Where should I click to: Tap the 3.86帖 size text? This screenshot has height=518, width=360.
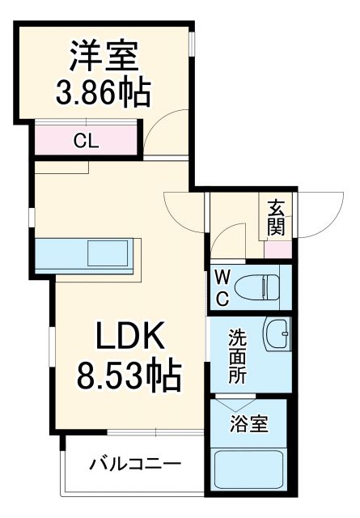click(102, 95)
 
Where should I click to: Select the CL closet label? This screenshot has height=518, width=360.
click(86, 140)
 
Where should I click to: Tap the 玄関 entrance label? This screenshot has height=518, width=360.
click(276, 216)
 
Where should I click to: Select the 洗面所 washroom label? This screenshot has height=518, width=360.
click(236, 355)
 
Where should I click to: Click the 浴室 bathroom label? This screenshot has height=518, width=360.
click(248, 424)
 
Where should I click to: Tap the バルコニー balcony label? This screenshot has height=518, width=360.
click(134, 465)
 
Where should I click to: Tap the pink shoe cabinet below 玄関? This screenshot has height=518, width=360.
click(276, 248)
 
